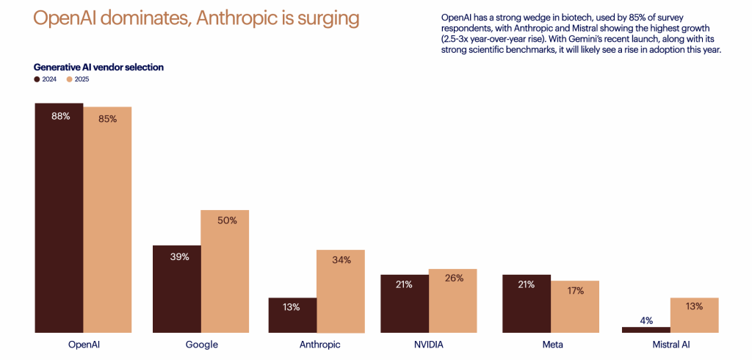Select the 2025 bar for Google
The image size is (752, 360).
(225, 272)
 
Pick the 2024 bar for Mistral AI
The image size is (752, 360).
(646, 330)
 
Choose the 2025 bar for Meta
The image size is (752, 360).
(575, 307)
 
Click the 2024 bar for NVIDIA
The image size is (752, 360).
(404, 303)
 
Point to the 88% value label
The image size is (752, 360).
(60, 116)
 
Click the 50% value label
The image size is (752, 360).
(228, 220)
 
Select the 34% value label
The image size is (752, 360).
(341, 259)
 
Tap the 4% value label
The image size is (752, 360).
(647, 320)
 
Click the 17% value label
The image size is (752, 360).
(575, 290)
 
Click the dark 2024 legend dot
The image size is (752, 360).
(37, 79)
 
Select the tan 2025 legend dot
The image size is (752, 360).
(69, 79)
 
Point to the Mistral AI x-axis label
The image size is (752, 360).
(670, 344)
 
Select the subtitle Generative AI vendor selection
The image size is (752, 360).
(98, 67)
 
